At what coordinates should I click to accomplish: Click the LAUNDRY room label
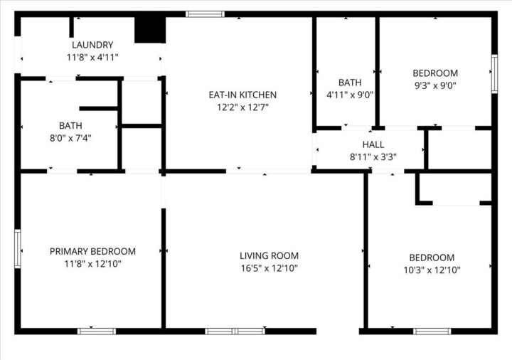(92, 45)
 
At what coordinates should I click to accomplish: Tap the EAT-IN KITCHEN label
(242, 95)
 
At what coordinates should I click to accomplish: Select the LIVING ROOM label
(269, 256)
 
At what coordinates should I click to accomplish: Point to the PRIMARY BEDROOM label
(92, 251)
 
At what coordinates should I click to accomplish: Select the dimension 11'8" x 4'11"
(92, 57)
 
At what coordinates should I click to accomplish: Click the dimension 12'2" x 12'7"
(242, 107)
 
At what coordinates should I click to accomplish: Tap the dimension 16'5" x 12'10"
(269, 268)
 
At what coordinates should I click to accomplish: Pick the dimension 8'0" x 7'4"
(71, 138)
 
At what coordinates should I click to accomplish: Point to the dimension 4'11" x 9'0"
(350, 94)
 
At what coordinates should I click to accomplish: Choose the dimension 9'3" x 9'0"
(435, 85)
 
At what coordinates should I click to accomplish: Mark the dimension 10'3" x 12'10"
(432, 270)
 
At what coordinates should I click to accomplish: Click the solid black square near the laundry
(149, 29)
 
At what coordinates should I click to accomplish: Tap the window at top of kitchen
(205, 14)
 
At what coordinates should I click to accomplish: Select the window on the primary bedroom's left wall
(18, 248)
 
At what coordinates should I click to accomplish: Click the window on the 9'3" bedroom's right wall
(494, 74)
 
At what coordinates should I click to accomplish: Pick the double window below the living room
(235, 331)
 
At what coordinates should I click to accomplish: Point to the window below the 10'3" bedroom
(432, 331)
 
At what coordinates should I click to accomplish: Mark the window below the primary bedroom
(97, 331)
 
